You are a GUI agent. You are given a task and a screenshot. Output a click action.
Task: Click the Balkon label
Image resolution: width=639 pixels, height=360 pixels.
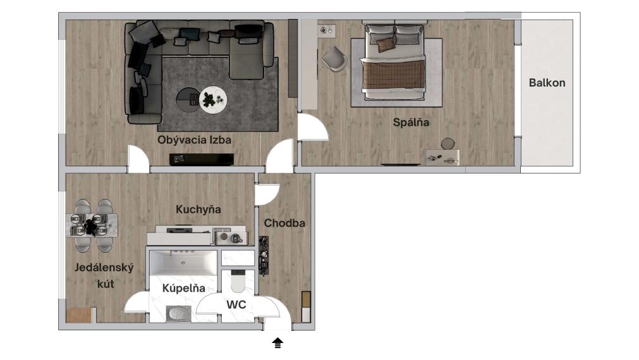pyautogui.click(x=547, y=83)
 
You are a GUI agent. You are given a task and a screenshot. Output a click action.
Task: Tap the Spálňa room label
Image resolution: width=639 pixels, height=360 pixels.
pyautogui.click(x=411, y=123)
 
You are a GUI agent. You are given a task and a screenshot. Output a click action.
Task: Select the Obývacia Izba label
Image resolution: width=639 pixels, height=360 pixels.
pyautogui.click(x=194, y=139)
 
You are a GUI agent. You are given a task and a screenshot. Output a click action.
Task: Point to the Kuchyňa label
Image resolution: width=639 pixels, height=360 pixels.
pyautogui.click(x=198, y=209)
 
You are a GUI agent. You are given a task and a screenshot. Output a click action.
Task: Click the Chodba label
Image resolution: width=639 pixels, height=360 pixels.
pyautogui.click(x=284, y=223)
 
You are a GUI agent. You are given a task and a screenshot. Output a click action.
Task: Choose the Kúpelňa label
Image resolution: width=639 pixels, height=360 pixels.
pyautogui.click(x=184, y=288)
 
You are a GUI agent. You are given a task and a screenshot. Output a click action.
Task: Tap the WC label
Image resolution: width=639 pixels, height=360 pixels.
pyautogui.click(x=236, y=305)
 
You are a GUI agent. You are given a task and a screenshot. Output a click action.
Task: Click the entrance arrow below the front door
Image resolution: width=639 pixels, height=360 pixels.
pyautogui.click(x=277, y=344)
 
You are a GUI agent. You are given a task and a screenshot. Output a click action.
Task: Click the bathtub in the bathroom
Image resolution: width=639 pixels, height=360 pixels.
pyautogui.click(x=184, y=261)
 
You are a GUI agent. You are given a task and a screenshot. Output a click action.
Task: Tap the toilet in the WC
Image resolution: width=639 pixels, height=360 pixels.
pyautogui.click(x=239, y=281)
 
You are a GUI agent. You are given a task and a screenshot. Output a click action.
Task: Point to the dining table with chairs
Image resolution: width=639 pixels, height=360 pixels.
pyautogui.click(x=92, y=225)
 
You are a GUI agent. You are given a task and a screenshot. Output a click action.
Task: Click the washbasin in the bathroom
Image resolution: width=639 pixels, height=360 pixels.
pyautogui.click(x=179, y=313)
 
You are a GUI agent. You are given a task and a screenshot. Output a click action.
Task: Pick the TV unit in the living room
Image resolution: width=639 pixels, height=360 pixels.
pyautogui.click(x=201, y=159)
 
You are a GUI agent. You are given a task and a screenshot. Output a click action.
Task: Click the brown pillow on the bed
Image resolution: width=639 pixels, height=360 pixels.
pyautogui.click(x=384, y=44)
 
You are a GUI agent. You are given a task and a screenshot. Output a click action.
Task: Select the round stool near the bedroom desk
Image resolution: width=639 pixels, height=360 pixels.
pyautogui.click(x=448, y=143)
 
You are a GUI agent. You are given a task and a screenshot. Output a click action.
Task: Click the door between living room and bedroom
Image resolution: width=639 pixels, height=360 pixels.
pyautogui.click(x=313, y=129)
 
